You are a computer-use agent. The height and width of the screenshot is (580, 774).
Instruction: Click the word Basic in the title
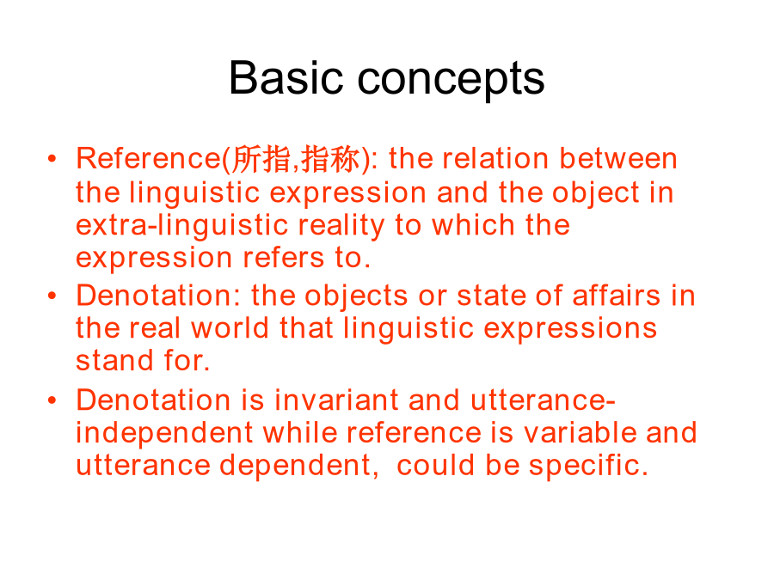[x=286, y=78]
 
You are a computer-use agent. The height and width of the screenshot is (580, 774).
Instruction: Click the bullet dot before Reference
[x=52, y=158]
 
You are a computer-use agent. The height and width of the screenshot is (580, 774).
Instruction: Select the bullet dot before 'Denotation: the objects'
[x=52, y=296]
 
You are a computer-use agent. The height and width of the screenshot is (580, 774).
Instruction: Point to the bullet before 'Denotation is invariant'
[x=52, y=400]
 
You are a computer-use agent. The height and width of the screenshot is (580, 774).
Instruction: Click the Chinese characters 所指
[x=261, y=159]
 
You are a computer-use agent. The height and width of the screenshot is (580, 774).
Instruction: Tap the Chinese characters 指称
[x=330, y=159]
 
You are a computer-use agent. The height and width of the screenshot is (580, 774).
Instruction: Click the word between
[x=618, y=159]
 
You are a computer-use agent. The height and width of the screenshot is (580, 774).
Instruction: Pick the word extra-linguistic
[x=181, y=226]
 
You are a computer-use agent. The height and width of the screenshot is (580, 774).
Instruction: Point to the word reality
[x=341, y=226]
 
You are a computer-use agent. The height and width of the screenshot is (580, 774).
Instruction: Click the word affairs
[x=616, y=296]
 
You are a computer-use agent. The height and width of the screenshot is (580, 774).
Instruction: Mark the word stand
[x=114, y=361]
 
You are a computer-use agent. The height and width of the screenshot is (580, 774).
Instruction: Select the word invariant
[x=336, y=400]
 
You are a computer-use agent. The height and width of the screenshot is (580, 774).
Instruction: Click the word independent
[x=164, y=434]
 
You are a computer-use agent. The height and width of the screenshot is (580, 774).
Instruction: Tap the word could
[x=435, y=465]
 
